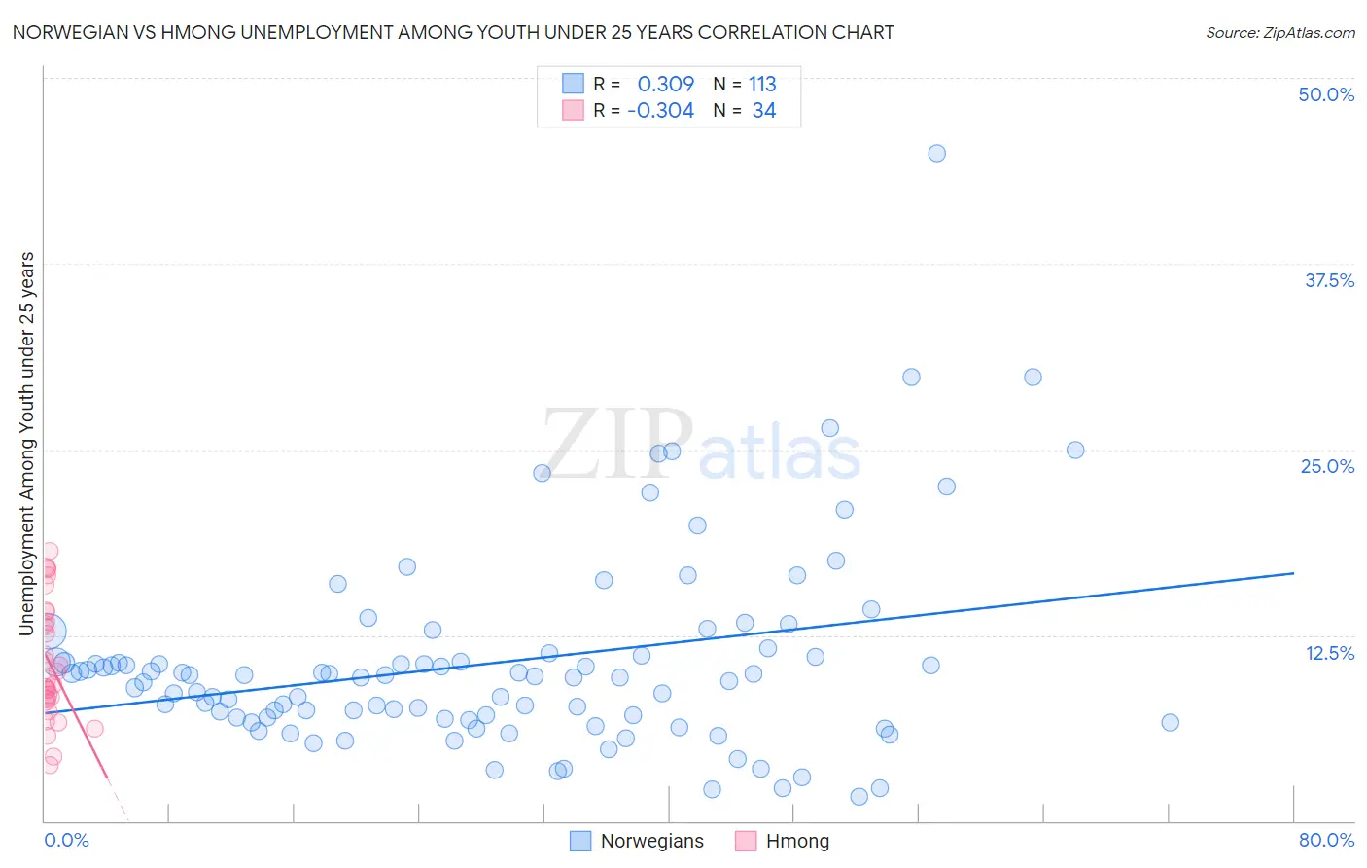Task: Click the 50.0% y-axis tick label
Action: coord(1326,94)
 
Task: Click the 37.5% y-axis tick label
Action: coord(1329,280)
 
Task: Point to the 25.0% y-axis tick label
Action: coord(1327,466)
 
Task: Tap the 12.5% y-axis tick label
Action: coord(1329,653)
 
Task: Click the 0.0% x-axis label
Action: coord(66,840)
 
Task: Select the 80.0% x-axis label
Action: coord(1326,840)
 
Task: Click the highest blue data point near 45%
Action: coord(936,153)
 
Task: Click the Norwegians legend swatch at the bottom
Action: coord(580,841)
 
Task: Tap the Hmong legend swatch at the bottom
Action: coord(746,841)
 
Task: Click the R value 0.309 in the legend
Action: coord(665,84)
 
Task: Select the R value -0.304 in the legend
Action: coord(660,111)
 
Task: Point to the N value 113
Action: coord(762,84)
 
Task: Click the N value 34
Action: coord(764,111)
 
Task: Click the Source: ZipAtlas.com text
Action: coord(1279,33)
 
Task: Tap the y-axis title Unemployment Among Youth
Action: coord(27,444)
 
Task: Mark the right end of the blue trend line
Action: coord(1293,573)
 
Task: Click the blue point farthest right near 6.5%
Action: coord(1170,722)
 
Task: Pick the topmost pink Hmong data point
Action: coord(49,551)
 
